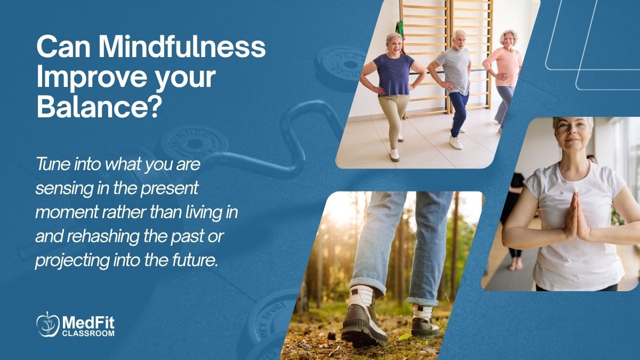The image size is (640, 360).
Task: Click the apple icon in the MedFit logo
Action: pos(47,324)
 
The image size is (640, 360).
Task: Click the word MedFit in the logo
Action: pos(89,322)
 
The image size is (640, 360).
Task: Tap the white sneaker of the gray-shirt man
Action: pos(455,142)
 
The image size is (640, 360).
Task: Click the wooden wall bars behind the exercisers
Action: pos(424,32)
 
